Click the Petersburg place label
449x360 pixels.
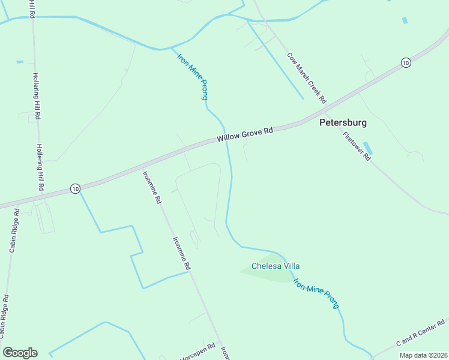pyautogui.click(x=342, y=122)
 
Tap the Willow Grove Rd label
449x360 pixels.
pyautogui.click(x=245, y=134)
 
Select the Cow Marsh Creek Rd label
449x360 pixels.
pyautogui.click(x=306, y=77)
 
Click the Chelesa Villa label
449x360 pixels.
pyautogui.click(x=276, y=266)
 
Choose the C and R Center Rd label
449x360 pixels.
pyautogui.click(x=420, y=334)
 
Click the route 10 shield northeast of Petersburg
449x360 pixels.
pyautogui.click(x=406, y=62)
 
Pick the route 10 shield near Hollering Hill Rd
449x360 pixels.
pyautogui.click(x=74, y=188)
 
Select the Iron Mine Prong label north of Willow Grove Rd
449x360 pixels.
pyautogui.click(x=193, y=77)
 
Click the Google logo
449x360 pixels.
pyautogui.click(x=20, y=353)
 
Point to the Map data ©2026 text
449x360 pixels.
pyautogui.click(x=423, y=355)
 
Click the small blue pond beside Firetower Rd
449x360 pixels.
pyautogui.click(x=367, y=148)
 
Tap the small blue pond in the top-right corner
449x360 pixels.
pyautogui.click(x=405, y=20)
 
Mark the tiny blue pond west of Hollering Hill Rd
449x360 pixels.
pyautogui.click(x=20, y=62)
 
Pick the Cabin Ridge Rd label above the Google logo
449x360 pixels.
pyautogui.click(x=4, y=316)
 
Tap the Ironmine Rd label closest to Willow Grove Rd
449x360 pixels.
pyautogui.click(x=151, y=188)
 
